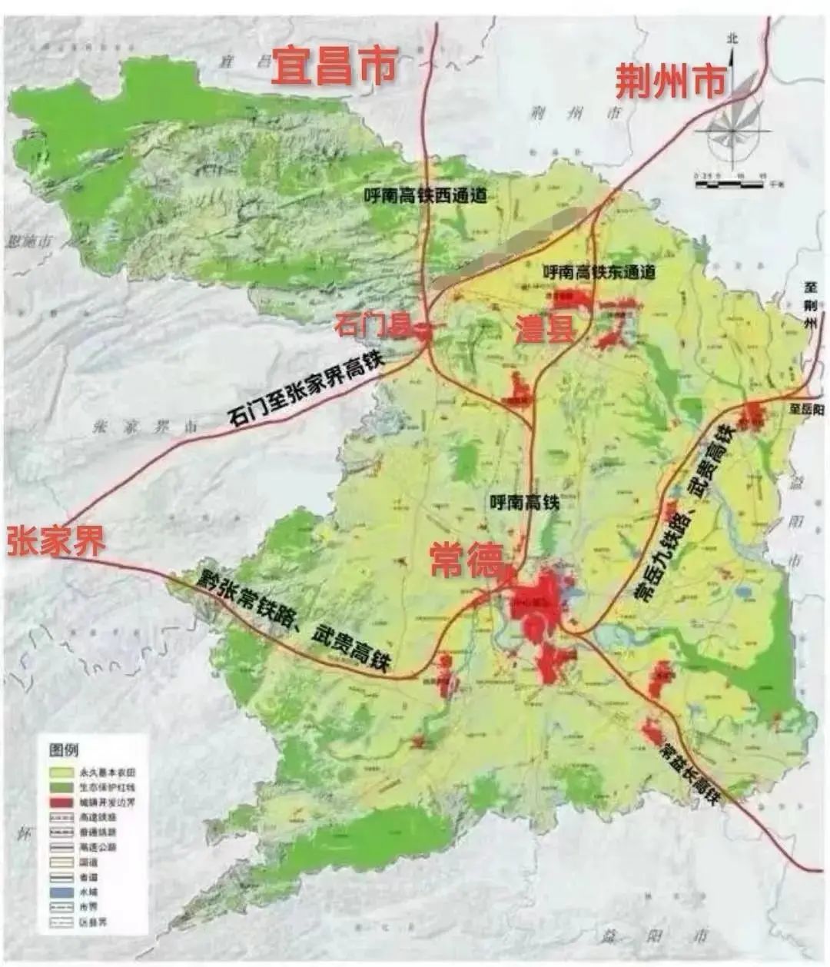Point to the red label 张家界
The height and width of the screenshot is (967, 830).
tap(55, 541)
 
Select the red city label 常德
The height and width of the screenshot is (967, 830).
tap(466, 559)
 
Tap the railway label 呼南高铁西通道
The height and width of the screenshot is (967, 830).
tap(426, 195)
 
